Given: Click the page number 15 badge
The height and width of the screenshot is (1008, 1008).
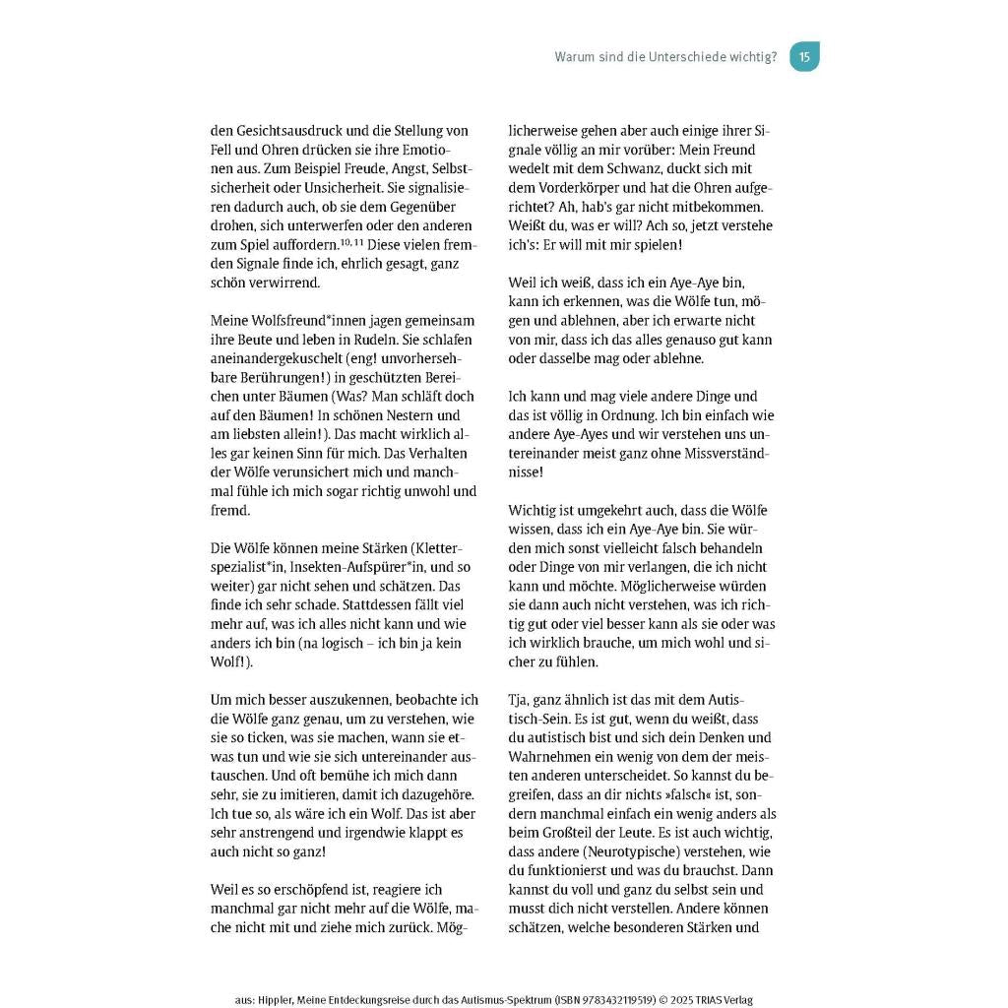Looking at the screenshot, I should [804, 57].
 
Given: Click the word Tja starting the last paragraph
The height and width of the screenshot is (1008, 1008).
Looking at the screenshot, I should [518, 700].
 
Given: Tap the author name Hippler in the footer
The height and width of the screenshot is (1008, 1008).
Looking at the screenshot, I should [279, 1000].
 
